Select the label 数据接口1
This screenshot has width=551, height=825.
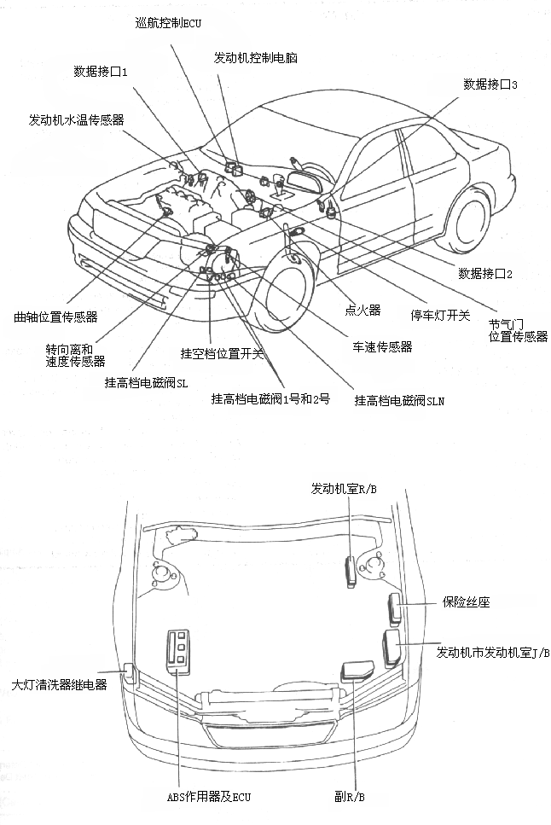tap(100, 72)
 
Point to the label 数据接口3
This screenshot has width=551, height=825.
tap(490, 84)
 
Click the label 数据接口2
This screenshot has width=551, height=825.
tap(484, 274)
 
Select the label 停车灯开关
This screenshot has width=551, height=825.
tap(440, 315)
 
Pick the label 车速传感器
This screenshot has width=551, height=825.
tap(382, 347)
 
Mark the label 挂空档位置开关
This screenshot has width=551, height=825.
tap(223, 353)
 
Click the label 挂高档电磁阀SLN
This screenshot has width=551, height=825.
tap(399, 399)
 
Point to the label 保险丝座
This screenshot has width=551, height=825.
tap(466, 602)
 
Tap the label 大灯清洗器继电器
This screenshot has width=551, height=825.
tap(60, 684)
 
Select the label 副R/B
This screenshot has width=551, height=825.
tap(350, 797)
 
